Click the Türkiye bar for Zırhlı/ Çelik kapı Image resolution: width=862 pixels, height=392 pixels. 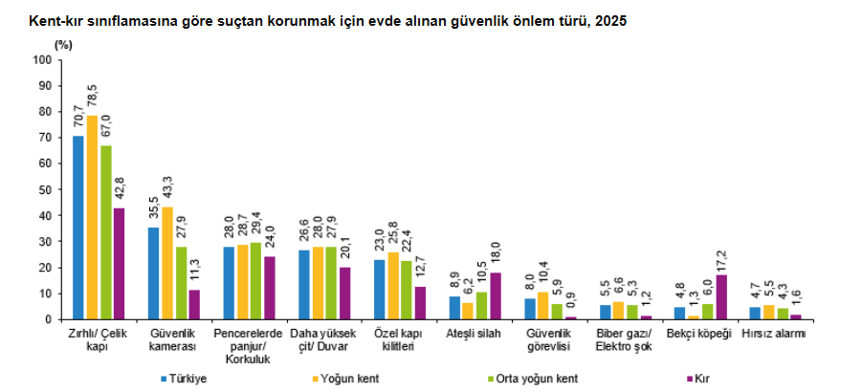pyautogui.click(x=78, y=228)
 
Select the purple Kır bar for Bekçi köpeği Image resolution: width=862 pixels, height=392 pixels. pyautogui.click(x=721, y=297)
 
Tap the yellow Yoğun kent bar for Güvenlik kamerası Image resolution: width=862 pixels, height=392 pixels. pyautogui.click(x=167, y=263)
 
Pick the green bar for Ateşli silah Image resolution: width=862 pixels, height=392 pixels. pyautogui.click(x=481, y=305)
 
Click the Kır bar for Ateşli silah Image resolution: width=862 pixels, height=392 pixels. pyautogui.click(x=496, y=296)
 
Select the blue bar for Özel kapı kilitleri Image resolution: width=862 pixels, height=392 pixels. pyautogui.click(x=379, y=290)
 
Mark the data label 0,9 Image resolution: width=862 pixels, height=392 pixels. pyautogui.click(x=571, y=306)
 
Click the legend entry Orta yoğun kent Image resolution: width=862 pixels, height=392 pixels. pyautogui.click(x=532, y=379)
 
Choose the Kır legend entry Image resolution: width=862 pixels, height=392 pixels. pyautogui.click(x=698, y=379)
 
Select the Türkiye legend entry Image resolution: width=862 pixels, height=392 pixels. pyautogui.click(x=183, y=379)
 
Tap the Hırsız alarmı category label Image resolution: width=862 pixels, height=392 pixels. pyautogui.click(x=773, y=334)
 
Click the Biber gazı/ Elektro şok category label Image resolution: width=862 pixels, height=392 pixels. pyautogui.click(x=625, y=339)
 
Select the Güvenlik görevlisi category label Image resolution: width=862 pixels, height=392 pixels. pyautogui.click(x=548, y=339)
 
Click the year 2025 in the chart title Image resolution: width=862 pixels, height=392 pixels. pyautogui.click(x=611, y=22)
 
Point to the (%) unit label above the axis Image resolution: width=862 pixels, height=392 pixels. pyautogui.click(x=63, y=45)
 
